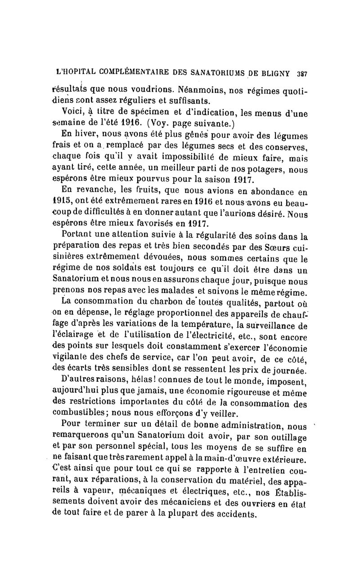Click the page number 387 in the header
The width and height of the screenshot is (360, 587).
click(x=301, y=72)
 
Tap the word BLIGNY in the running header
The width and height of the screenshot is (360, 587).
click(x=275, y=72)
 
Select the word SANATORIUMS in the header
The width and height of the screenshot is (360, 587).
click(x=213, y=72)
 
